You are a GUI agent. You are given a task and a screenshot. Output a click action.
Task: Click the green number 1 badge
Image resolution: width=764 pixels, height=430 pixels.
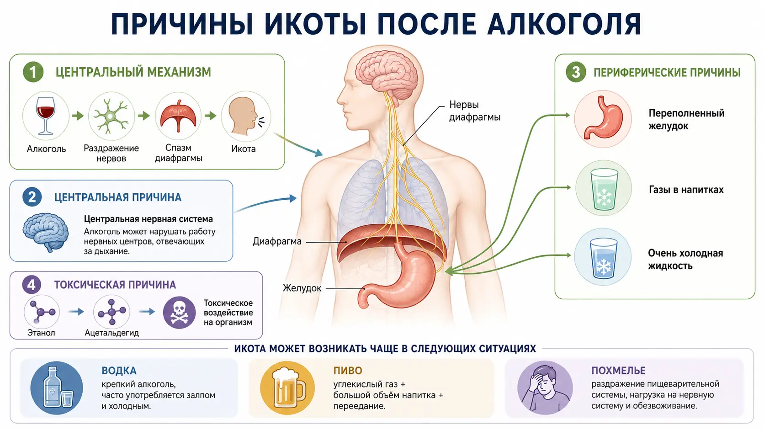point(33,72)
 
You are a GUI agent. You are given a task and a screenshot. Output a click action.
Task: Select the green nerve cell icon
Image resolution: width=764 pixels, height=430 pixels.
point(111,116)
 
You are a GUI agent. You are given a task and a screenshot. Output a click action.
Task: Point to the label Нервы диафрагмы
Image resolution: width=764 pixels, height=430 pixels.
point(474,111)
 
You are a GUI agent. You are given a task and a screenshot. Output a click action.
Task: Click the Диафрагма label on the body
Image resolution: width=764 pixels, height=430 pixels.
point(277,241)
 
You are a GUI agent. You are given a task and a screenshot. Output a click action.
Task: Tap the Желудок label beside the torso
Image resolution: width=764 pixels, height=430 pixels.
point(302,288)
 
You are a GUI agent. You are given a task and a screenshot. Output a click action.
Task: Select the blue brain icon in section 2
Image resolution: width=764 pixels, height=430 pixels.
point(46,232)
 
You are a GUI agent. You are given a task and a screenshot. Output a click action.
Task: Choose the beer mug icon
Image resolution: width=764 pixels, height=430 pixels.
point(287,388)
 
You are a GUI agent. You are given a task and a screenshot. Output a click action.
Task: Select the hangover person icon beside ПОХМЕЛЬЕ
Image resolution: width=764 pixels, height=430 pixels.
point(545,388)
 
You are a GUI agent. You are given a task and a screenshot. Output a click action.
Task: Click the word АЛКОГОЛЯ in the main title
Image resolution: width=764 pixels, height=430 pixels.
point(564,24)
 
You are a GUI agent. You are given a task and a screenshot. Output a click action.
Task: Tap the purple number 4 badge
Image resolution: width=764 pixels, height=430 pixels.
point(32,284)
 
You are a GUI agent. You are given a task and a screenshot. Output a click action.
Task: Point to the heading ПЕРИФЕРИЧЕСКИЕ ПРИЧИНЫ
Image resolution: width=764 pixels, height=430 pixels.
point(667,73)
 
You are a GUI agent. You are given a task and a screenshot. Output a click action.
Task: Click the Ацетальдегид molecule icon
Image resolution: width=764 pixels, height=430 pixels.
point(111,312)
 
